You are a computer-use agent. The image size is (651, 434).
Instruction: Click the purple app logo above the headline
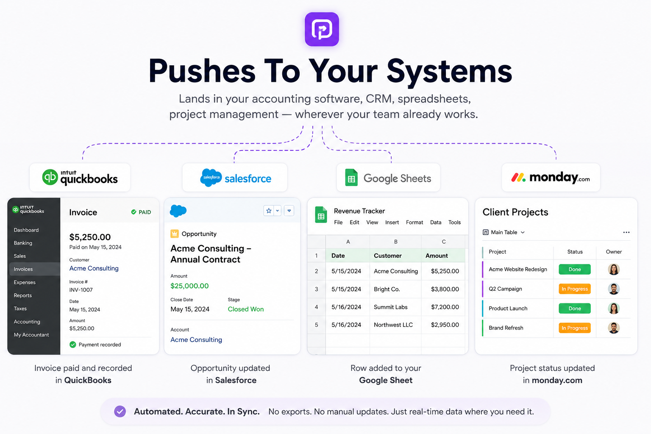point(322,29)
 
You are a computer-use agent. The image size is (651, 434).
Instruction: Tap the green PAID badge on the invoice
point(141,212)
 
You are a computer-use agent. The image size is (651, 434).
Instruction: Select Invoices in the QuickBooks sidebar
point(23,269)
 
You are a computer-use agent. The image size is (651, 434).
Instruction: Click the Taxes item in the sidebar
point(20,309)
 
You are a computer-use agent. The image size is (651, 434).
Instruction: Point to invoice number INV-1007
point(81,290)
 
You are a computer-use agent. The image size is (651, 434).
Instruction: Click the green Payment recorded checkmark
point(72,345)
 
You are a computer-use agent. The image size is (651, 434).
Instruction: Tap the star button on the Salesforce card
point(269,211)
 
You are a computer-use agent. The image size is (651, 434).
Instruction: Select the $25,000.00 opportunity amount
point(189,286)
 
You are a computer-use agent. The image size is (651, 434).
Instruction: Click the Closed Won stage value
point(246,309)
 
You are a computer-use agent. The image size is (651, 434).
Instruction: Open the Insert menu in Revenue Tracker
point(392,223)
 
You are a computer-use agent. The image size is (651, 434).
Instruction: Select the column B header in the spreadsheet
point(395,242)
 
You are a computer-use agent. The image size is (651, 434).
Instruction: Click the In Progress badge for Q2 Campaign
point(575,289)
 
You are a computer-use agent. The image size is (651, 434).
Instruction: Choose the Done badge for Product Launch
point(575,309)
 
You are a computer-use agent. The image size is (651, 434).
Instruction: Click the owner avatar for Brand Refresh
point(614,328)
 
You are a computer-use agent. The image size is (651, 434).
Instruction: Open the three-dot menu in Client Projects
point(626,232)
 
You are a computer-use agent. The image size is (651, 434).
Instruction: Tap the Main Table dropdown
point(504,232)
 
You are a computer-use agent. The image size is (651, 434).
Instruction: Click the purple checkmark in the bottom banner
point(120,412)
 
